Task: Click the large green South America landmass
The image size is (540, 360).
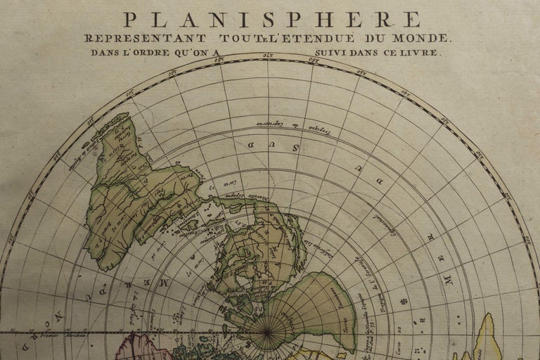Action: point(138,190)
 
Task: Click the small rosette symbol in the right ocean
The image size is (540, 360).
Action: point(404,301)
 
